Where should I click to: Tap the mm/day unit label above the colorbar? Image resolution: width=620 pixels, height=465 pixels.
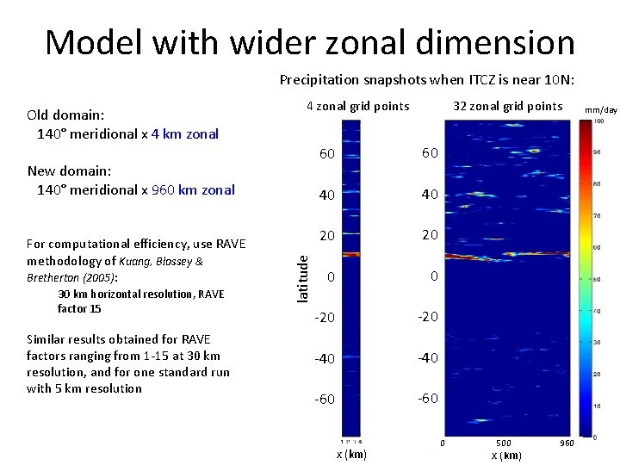coord(600,110)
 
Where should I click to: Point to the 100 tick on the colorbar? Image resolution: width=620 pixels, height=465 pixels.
coord(598,121)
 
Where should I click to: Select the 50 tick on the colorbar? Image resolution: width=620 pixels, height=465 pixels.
coord(597,279)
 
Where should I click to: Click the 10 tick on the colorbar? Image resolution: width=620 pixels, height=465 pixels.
coord(597,406)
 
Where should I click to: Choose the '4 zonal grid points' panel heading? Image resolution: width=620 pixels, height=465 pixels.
coord(358,107)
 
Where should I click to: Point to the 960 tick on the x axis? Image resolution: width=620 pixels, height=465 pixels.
coord(567,443)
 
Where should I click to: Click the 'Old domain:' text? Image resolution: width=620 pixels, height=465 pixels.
coord(66,115)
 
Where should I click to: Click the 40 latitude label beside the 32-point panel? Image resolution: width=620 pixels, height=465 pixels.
coord(429,195)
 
